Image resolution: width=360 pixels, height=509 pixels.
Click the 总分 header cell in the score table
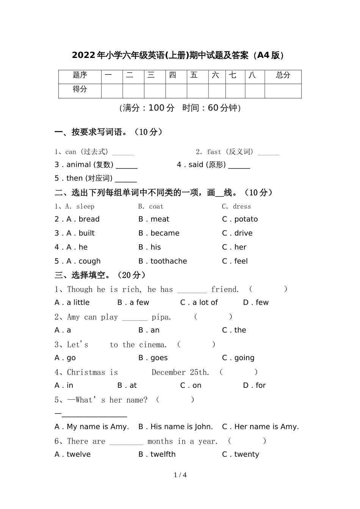283,75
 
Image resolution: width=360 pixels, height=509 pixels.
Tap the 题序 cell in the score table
80,75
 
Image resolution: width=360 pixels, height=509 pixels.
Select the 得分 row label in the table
80,89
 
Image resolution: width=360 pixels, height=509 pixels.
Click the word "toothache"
169,261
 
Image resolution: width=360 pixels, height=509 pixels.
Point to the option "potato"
246,219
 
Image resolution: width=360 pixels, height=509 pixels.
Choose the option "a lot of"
205,303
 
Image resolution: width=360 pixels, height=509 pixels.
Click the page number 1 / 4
180,475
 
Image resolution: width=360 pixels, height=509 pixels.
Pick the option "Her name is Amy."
266,427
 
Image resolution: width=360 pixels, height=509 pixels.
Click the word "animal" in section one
78,165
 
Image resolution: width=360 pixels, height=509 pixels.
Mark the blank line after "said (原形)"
239,167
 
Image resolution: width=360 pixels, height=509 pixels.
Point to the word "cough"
89,261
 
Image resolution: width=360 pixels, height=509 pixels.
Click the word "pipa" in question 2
161,317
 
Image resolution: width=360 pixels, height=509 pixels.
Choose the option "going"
244,358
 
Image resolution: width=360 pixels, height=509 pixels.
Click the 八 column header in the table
252,75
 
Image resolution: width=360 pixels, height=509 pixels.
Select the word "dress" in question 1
242,206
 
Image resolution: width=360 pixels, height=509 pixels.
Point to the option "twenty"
247,454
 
